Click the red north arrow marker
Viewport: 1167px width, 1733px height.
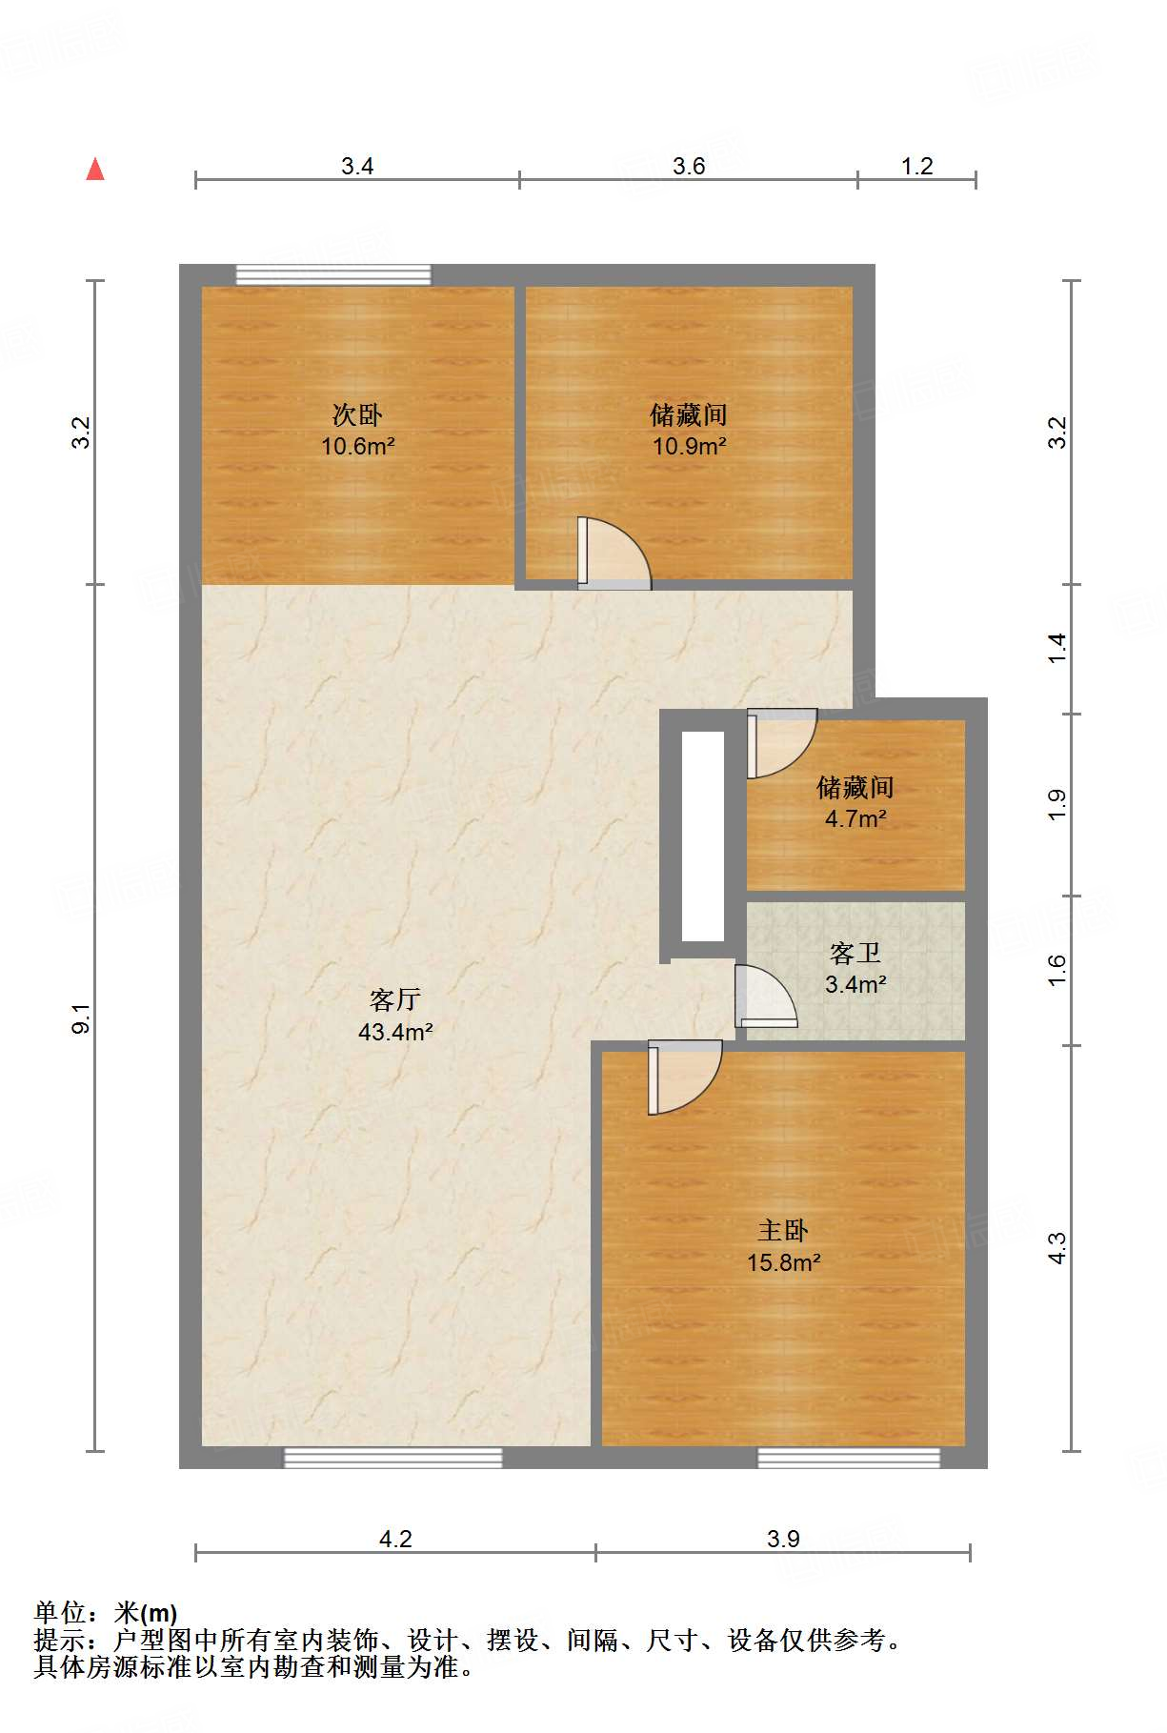(x=95, y=170)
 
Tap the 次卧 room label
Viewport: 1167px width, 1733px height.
(x=357, y=414)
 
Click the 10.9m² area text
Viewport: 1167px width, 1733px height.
(x=689, y=446)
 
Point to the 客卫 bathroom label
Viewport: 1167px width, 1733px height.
(x=855, y=953)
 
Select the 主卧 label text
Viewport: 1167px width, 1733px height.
(x=783, y=1231)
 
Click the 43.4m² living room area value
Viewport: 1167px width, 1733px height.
(x=395, y=1032)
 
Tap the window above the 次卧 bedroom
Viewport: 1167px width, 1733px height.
(x=333, y=275)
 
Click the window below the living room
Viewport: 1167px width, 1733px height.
(x=392, y=1457)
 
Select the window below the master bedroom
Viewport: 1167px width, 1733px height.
(x=848, y=1457)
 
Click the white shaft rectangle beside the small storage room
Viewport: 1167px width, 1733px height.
(x=703, y=836)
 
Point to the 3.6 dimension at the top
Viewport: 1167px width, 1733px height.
(x=689, y=167)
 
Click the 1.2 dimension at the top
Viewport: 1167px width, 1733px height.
(x=916, y=167)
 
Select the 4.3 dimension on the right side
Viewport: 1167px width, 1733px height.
(x=1057, y=1248)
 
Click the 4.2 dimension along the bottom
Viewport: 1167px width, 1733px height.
(x=395, y=1539)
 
